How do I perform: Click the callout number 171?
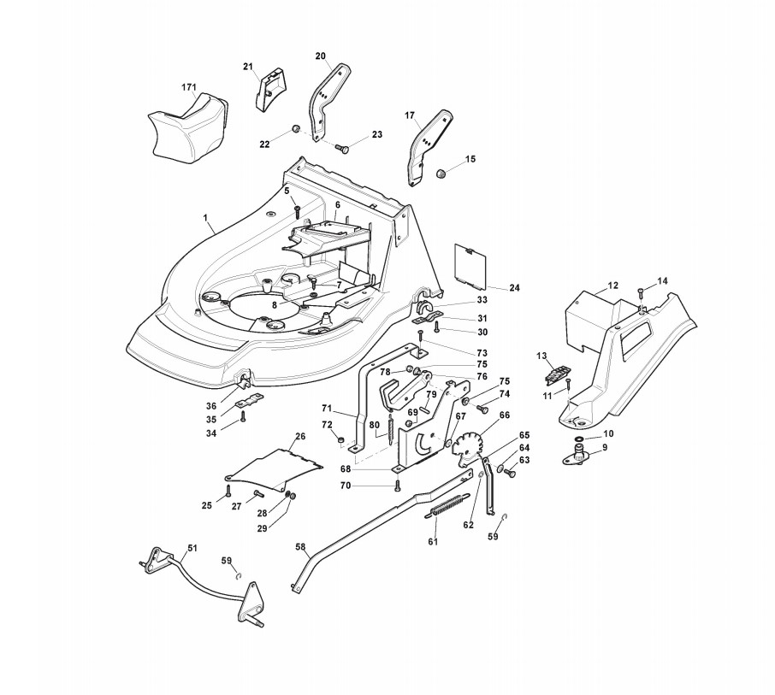(189, 87)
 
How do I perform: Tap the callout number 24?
(514, 288)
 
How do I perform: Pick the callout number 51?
(192, 548)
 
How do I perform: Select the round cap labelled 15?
(444, 174)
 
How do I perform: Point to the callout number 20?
(321, 56)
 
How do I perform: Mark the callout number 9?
(605, 447)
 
